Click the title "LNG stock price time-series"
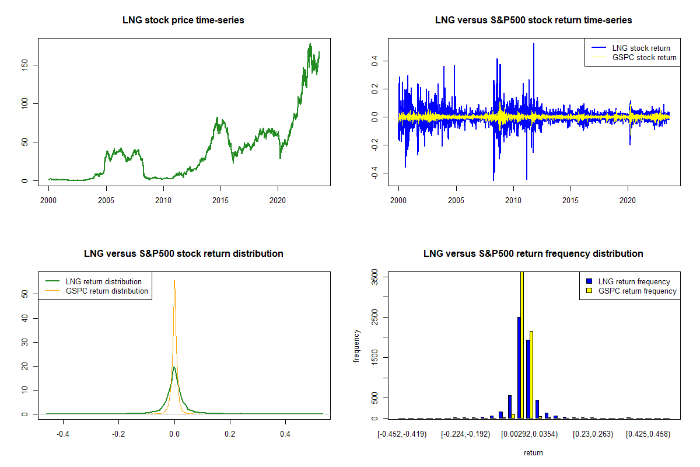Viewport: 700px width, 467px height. click(183, 20)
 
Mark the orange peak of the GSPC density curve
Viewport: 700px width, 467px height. click(174, 281)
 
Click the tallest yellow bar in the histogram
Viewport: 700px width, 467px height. click(522, 344)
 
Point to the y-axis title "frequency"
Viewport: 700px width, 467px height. click(357, 346)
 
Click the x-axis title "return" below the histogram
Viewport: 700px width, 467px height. click(533, 452)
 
